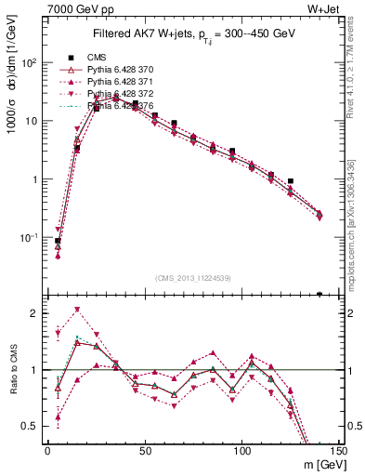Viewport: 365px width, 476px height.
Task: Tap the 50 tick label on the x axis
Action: coord(144,450)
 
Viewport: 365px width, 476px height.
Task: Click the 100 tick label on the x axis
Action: coord(241,450)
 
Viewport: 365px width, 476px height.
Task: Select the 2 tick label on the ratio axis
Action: coord(34,313)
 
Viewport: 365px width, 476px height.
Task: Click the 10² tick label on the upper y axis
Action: coord(28,62)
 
